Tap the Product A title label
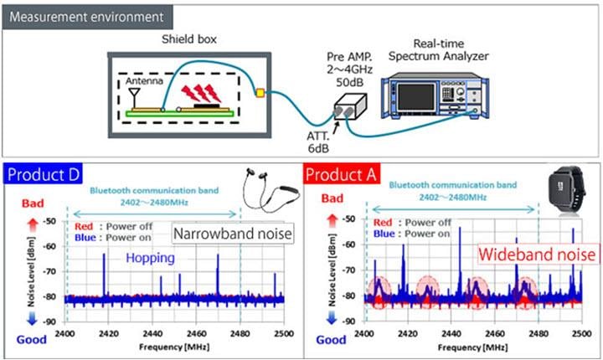[339, 174]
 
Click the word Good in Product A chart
[332, 340]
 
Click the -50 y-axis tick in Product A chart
[353, 219]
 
